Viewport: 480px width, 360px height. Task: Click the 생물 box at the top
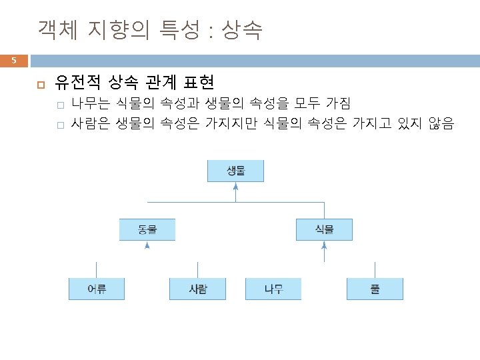(x=235, y=171)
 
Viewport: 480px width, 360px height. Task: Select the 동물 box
(x=147, y=230)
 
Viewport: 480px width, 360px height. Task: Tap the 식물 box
(x=324, y=230)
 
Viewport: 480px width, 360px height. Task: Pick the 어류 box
(x=97, y=289)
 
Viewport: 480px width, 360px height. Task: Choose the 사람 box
(x=198, y=289)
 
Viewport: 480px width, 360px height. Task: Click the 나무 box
(x=273, y=289)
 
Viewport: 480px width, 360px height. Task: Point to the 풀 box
(x=375, y=289)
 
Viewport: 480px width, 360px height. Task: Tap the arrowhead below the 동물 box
(x=147, y=245)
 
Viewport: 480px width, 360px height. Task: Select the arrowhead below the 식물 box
(x=324, y=245)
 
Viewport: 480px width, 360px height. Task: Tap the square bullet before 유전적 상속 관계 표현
(x=40, y=84)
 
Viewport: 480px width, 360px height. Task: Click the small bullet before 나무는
(x=59, y=104)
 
